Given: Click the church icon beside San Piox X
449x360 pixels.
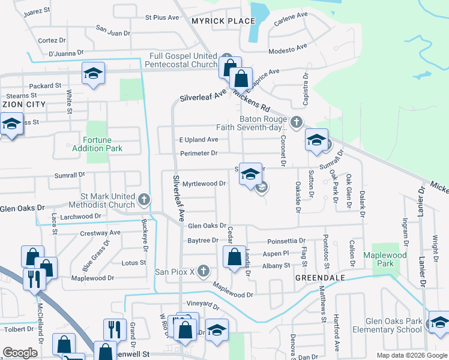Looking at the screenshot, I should point(203,271).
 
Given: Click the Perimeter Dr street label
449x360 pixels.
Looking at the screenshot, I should point(199,154).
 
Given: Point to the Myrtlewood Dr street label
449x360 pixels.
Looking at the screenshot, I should point(204,184).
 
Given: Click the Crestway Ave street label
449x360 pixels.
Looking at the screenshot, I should point(100,232).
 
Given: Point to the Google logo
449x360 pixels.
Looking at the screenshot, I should point(20,353).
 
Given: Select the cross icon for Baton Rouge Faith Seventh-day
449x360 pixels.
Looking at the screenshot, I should point(295,123).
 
